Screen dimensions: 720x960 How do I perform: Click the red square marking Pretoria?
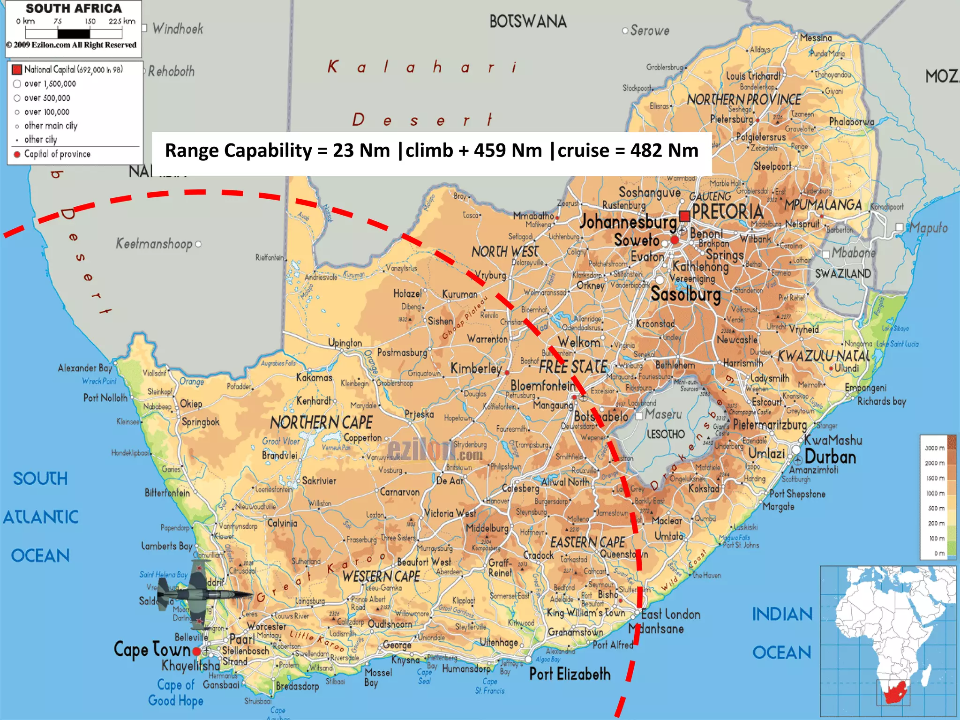(x=684, y=216)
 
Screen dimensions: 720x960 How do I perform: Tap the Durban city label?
(x=830, y=457)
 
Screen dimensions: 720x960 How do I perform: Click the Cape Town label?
(x=152, y=650)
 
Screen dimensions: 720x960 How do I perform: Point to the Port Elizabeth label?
(x=570, y=674)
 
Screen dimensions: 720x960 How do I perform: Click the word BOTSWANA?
(x=528, y=22)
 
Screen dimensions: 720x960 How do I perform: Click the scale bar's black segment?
(x=74, y=34)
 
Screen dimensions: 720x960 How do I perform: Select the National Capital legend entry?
(x=73, y=69)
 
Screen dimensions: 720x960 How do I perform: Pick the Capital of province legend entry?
(x=57, y=154)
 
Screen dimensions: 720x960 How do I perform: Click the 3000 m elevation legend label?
(x=934, y=448)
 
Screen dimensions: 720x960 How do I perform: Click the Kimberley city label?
(x=476, y=368)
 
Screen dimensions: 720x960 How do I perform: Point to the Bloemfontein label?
(x=542, y=386)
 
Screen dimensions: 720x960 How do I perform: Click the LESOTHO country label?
(x=666, y=435)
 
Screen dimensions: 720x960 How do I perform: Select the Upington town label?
(x=345, y=343)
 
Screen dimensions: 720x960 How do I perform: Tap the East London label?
(x=670, y=614)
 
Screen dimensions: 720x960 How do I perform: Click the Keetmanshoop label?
(x=154, y=244)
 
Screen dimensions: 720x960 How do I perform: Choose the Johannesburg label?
(x=628, y=222)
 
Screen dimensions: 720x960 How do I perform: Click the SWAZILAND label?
(x=842, y=274)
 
